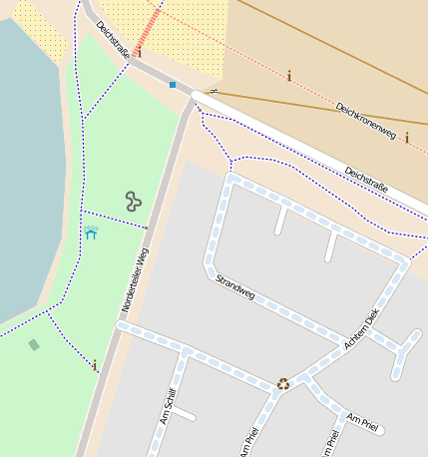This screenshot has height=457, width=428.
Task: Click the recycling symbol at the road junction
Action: [x=283, y=383]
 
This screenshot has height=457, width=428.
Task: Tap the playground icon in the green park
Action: [x=133, y=202]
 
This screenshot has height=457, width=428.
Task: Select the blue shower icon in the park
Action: [x=92, y=233]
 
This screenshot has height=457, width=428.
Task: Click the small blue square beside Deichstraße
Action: [x=173, y=85]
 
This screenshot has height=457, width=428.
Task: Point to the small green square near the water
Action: [x=34, y=345]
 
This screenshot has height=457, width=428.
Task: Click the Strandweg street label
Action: [x=235, y=287]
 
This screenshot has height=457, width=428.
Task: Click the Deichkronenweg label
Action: [x=365, y=120]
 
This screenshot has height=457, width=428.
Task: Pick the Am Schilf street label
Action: [x=167, y=406]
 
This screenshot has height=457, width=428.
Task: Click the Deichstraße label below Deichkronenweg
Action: [x=365, y=178]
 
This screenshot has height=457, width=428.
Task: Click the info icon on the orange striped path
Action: [x=139, y=52]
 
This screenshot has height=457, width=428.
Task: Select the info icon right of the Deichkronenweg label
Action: [x=406, y=138]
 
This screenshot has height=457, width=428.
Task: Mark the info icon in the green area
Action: [x=95, y=365]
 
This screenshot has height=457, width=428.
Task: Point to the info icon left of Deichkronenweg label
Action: [x=288, y=76]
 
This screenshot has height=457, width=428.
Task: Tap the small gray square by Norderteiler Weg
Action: [x=146, y=228]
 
